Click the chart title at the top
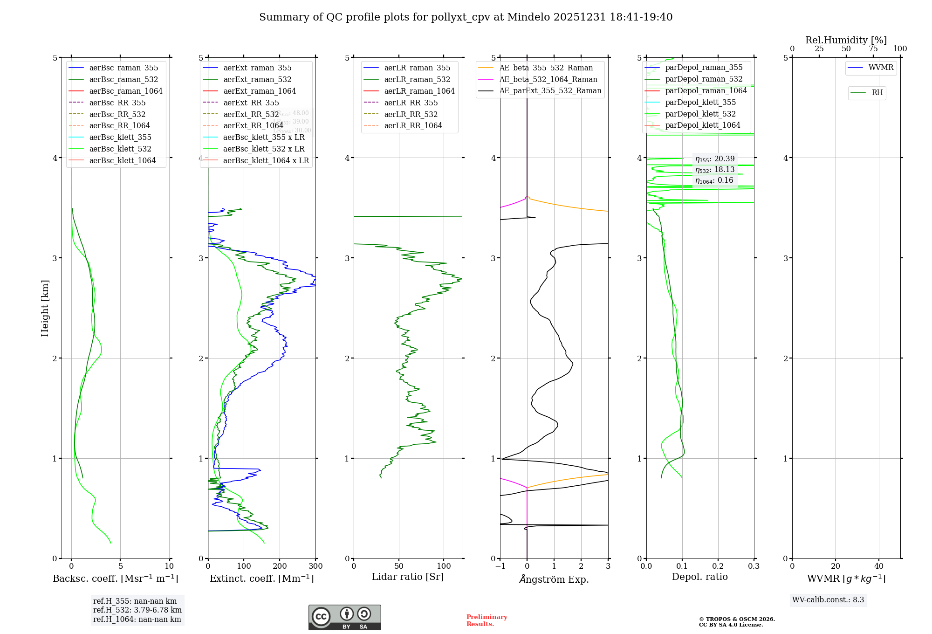click(466, 17)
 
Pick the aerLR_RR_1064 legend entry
click(413, 125)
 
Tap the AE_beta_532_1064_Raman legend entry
click(548, 79)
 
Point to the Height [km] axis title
click(45, 308)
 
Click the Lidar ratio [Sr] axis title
click(408, 577)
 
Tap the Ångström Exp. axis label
click(554, 579)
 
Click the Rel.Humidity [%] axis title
click(846, 40)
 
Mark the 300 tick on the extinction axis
click(315, 566)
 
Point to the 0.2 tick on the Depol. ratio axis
click(718, 566)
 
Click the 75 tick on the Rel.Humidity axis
click(873, 49)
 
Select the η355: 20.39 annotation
click(715, 159)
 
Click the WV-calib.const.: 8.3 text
click(828, 600)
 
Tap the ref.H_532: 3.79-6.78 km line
click(137, 610)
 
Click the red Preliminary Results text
click(487, 620)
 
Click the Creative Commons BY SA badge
click(344, 617)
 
